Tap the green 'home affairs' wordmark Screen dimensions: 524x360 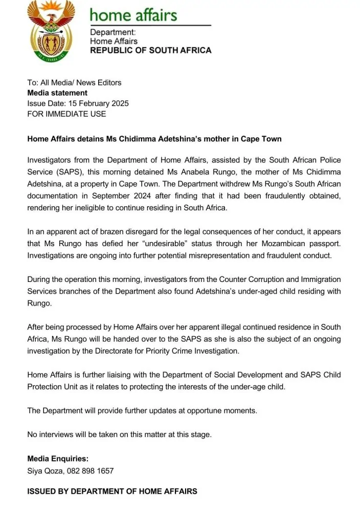tap(133, 15)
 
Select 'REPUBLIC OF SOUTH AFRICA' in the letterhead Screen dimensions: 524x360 tap(150, 51)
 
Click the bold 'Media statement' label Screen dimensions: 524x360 tap(57, 93)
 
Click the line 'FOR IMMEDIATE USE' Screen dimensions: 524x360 tap(66, 114)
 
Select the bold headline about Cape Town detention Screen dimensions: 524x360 tap(154, 139)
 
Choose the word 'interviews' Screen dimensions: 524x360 tap(58, 434)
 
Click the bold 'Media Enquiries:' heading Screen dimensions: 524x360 tap(58, 459)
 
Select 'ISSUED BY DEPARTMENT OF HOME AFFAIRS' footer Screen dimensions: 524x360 tap(112, 491)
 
